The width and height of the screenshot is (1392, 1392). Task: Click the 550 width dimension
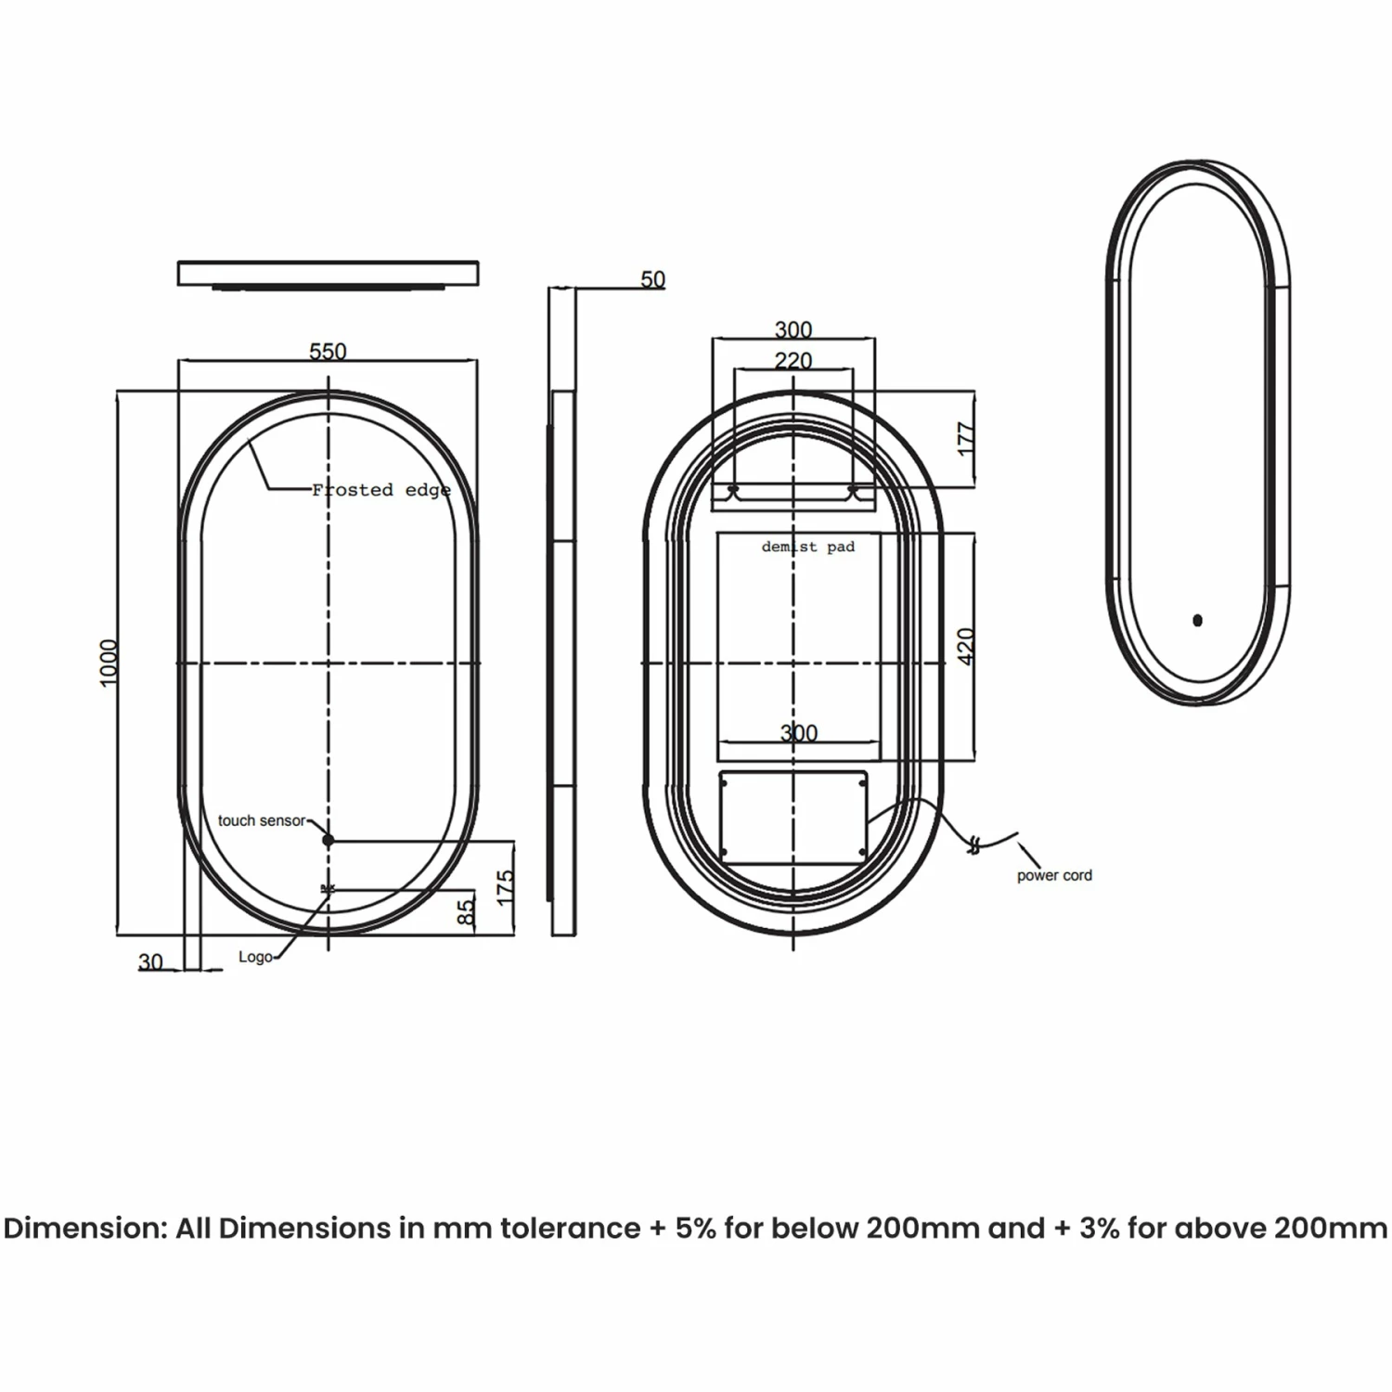click(328, 351)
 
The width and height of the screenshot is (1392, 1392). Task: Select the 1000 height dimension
click(110, 663)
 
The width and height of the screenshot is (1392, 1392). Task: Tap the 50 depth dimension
click(652, 278)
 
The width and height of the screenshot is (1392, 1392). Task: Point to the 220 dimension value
click(793, 360)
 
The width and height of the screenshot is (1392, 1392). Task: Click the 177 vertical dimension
click(966, 439)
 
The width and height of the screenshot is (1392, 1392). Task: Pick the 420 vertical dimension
click(966, 646)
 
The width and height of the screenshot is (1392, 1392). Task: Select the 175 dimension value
click(505, 887)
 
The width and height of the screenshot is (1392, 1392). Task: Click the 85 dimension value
click(467, 909)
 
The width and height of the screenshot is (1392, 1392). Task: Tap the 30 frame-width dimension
click(150, 962)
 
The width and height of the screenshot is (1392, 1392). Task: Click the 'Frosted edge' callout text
click(380, 489)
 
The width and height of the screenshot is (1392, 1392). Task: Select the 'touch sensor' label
click(261, 820)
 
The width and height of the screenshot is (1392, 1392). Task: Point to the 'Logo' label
click(255, 957)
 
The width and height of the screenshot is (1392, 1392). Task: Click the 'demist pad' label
click(807, 547)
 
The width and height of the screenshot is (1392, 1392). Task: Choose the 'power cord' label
click(1054, 875)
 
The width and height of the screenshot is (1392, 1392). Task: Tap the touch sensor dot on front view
click(328, 840)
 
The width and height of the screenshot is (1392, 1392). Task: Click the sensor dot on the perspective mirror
click(1197, 620)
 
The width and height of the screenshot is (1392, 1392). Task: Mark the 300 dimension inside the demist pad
click(798, 733)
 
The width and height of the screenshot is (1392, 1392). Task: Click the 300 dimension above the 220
click(793, 329)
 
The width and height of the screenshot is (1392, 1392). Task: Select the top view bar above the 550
click(328, 274)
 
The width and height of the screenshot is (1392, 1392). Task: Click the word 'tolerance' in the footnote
click(570, 1228)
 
